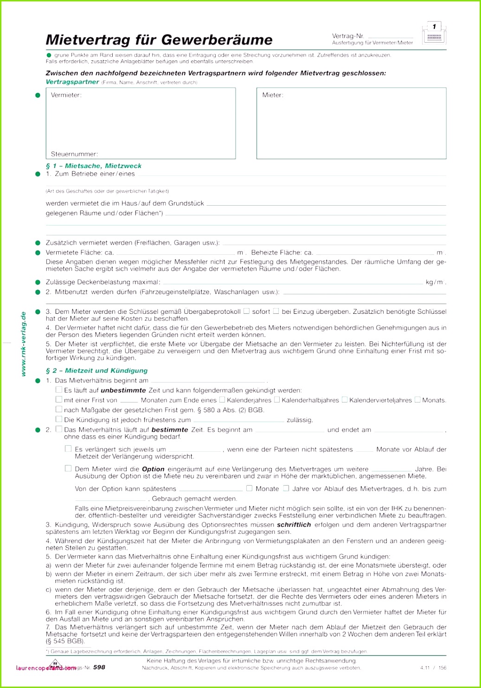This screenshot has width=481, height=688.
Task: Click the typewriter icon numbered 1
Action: tap(434, 34)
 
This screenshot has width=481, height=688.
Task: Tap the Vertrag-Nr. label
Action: tap(348, 36)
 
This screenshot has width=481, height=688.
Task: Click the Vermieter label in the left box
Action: tap(66, 95)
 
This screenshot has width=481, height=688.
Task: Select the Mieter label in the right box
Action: tap(273, 95)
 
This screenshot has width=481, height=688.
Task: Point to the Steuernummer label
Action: tap(74, 154)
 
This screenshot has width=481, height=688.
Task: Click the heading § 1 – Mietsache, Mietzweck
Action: tap(94, 166)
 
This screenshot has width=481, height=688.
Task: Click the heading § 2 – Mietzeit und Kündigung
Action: tap(96, 370)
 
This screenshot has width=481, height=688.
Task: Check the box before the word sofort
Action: tap(247, 311)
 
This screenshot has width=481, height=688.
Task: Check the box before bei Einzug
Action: tap(276, 311)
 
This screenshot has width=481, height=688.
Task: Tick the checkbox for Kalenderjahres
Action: tap(222, 399)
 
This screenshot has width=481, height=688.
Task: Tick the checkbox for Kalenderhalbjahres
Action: tap(277, 399)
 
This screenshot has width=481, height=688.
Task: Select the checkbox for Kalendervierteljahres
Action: tap(345, 399)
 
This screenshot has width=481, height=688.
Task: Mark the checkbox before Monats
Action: tap(417, 399)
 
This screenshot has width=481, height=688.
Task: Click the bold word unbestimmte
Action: tap(123, 390)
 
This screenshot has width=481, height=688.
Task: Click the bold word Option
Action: tap(153, 469)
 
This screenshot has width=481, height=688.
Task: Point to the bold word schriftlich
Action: tap(294, 525)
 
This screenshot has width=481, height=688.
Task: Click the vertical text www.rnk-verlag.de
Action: tap(24, 344)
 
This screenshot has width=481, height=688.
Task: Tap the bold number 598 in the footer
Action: tap(99, 667)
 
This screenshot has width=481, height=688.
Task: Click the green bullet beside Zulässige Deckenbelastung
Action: tap(38, 282)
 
